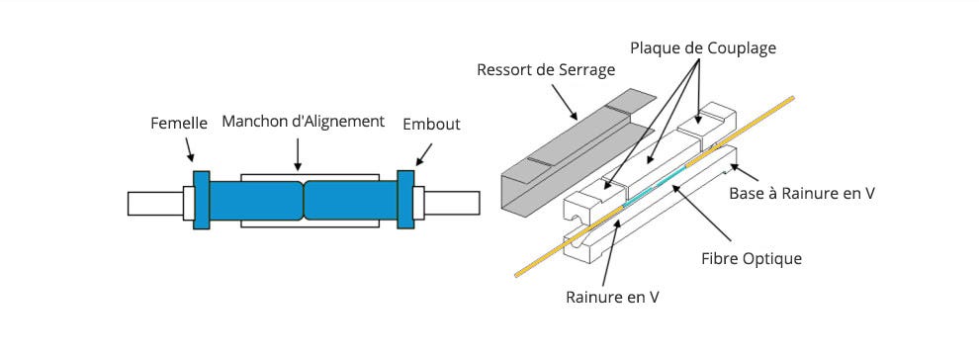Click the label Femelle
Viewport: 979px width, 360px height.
(x=179, y=124)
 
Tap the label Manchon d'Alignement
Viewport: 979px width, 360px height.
(x=304, y=122)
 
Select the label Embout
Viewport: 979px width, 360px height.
(x=431, y=125)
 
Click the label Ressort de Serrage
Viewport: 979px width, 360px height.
(x=546, y=70)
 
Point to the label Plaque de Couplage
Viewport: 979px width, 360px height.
(x=703, y=48)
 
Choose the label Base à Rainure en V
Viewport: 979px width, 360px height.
(x=802, y=194)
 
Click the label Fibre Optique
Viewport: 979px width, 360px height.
(x=752, y=258)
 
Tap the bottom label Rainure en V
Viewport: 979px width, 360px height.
(x=612, y=297)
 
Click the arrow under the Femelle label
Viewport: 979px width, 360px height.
(x=189, y=149)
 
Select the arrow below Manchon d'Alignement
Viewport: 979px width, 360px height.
(x=298, y=154)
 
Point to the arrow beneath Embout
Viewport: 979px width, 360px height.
(x=423, y=154)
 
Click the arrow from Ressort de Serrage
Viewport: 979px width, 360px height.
(x=565, y=101)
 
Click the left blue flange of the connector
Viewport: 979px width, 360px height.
(x=202, y=200)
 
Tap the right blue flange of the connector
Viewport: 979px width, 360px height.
(x=405, y=200)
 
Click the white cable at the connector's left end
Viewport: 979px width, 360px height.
(x=155, y=204)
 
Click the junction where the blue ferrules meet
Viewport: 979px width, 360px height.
(x=304, y=200)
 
